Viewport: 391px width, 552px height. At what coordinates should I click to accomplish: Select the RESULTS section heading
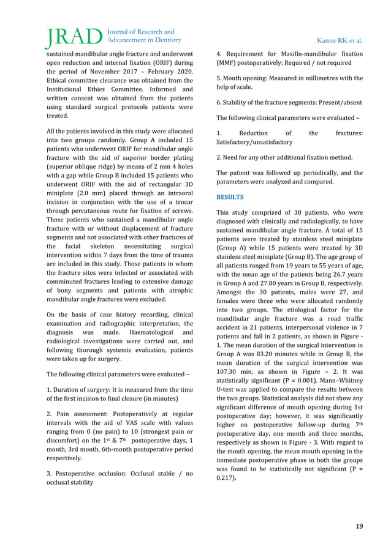pos(230,197)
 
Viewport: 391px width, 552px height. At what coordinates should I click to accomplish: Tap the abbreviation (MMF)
pos(229,62)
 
